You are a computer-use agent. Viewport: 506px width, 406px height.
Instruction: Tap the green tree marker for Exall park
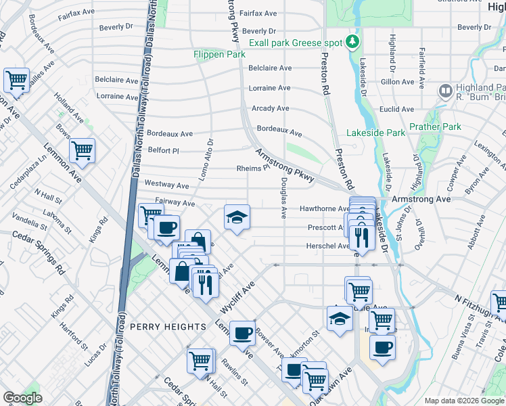click(352, 43)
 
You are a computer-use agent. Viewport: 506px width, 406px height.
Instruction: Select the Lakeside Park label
click(375, 133)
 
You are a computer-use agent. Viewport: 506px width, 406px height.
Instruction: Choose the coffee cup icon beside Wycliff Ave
click(242, 333)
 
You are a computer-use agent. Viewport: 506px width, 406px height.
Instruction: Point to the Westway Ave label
click(166, 184)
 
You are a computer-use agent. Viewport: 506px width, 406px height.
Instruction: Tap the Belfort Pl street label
click(163, 151)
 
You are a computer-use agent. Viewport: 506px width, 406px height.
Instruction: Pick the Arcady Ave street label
click(270, 108)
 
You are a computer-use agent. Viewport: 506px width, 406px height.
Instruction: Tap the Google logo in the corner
click(23, 398)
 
